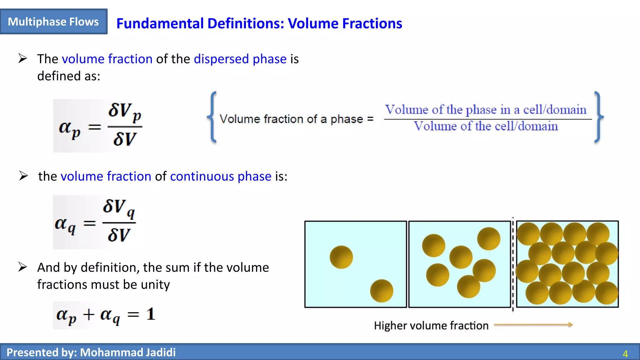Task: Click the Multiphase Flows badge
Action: click(x=53, y=22)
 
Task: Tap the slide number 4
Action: click(x=625, y=354)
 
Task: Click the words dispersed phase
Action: click(x=240, y=59)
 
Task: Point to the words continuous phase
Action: click(x=221, y=177)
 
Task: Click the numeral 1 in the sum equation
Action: click(x=151, y=314)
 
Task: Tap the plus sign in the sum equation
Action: click(x=89, y=315)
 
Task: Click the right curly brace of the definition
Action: click(x=598, y=117)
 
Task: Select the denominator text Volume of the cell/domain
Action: click(x=486, y=126)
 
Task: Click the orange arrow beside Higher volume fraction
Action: click(x=533, y=325)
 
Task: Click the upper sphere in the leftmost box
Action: click(x=341, y=257)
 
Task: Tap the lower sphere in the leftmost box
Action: click(x=382, y=291)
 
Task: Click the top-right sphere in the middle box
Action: click(x=488, y=239)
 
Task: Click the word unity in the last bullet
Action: click(x=155, y=285)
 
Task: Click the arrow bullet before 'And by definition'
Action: click(x=23, y=267)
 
